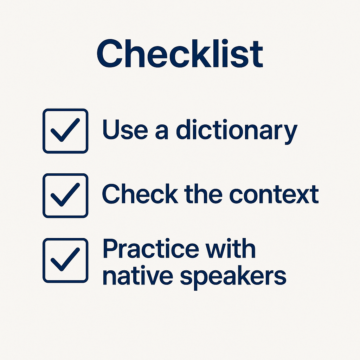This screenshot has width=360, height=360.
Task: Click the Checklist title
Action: coord(180,53)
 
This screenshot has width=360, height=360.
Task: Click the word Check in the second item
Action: coord(140,194)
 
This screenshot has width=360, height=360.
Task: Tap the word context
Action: coord(274,194)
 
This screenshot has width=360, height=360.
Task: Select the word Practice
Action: coord(151,248)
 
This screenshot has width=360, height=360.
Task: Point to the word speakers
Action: coord(233,278)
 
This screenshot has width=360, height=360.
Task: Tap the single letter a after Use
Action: coord(162,132)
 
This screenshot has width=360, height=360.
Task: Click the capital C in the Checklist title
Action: coord(110,53)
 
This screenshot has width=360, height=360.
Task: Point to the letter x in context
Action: coord(303,196)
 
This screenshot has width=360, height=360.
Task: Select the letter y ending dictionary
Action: coord(291,135)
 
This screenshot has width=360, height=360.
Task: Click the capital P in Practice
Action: coord(110,248)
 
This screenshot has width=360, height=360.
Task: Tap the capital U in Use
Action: coord(111,129)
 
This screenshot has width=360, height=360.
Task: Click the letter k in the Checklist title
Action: coord(202,53)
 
